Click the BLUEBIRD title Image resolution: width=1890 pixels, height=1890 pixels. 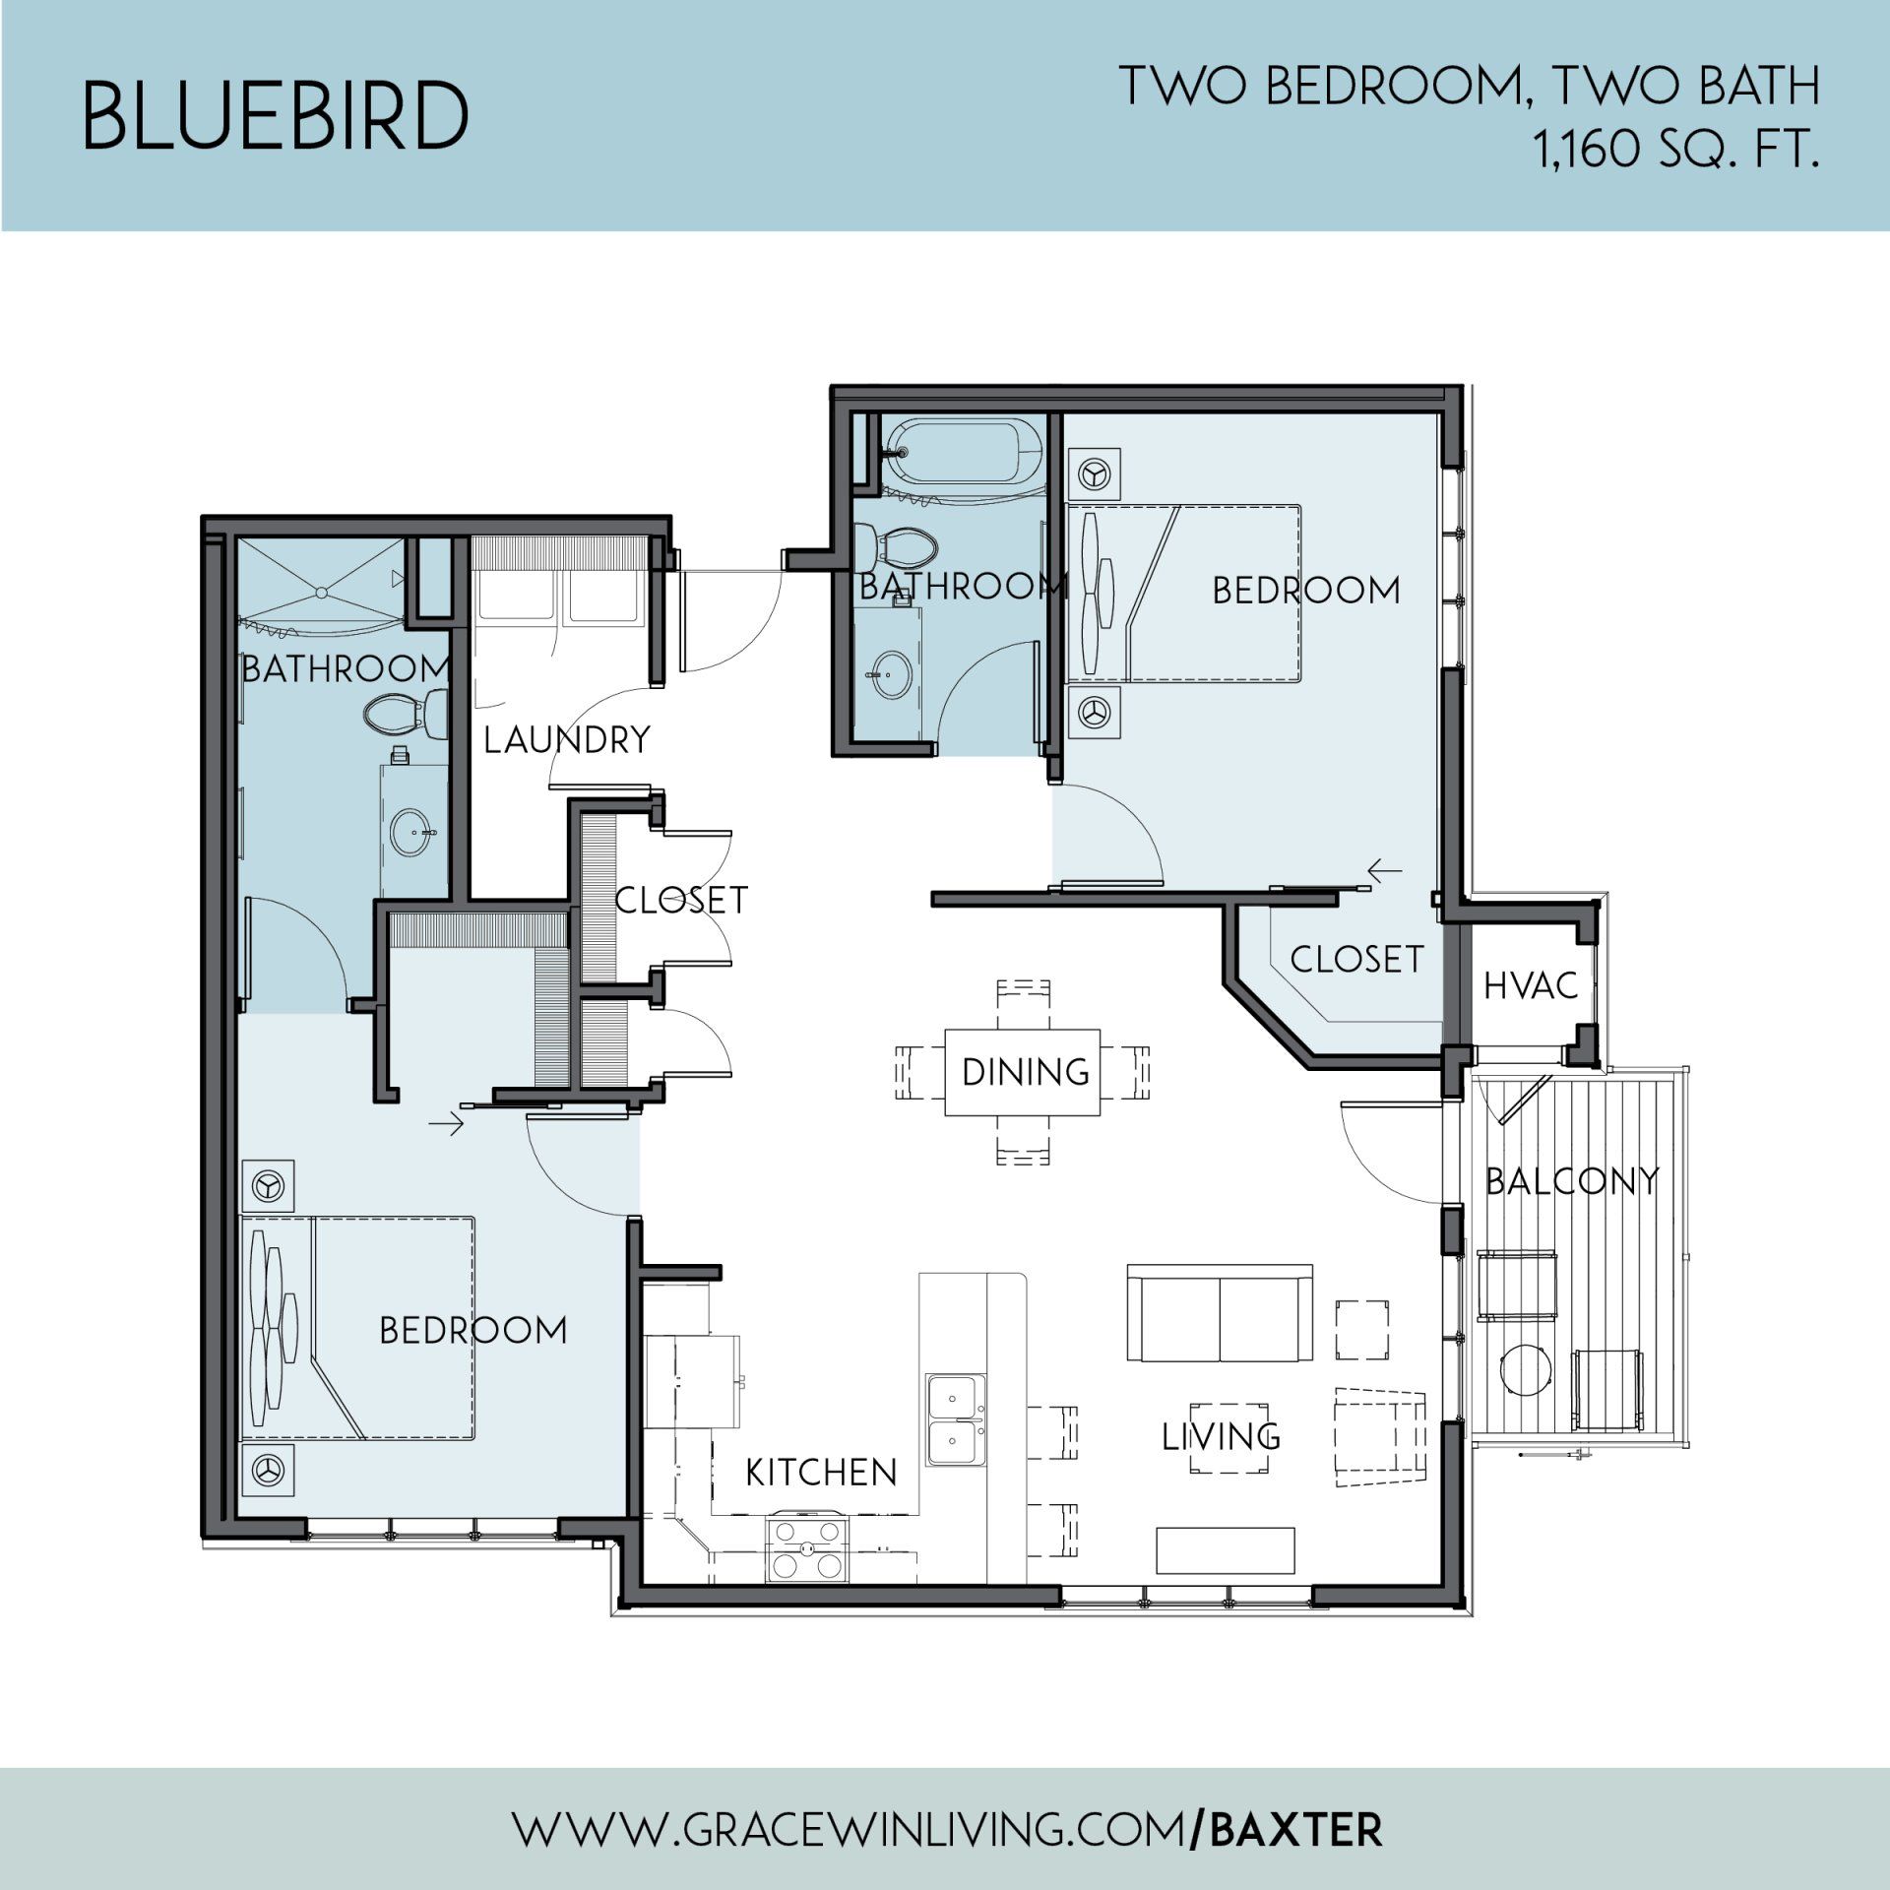tap(275, 116)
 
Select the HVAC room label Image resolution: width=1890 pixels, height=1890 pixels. tap(1531, 985)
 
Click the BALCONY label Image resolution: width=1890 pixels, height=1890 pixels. tap(1572, 1181)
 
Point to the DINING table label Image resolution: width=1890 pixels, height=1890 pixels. tap(1026, 1072)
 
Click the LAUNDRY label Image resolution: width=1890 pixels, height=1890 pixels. tap(566, 739)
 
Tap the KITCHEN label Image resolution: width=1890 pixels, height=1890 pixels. tap(821, 1473)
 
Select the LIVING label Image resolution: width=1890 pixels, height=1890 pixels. tap(1221, 1437)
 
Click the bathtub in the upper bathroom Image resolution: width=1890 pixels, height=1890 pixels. tap(962, 453)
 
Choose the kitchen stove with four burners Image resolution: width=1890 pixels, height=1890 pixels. tap(807, 1548)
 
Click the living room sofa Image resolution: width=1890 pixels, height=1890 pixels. tap(1220, 1314)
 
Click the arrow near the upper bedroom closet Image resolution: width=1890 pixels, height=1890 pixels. tap(1385, 870)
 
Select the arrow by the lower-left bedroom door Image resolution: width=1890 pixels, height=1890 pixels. tap(446, 1123)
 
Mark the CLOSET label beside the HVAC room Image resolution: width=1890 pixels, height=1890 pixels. tap(1356, 959)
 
